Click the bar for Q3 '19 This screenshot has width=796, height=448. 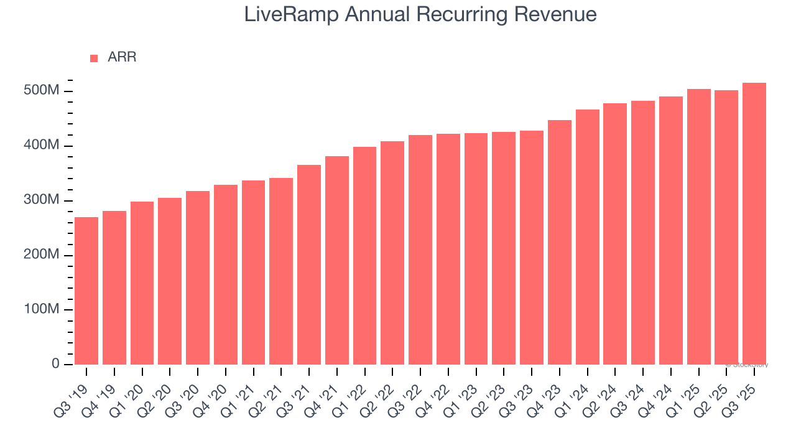click(86, 291)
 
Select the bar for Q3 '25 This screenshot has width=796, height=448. click(754, 223)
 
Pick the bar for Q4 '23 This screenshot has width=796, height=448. click(560, 242)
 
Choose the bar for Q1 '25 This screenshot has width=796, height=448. click(698, 226)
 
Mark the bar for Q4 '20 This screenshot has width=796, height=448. click(226, 274)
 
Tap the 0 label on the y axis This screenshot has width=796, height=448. click(55, 364)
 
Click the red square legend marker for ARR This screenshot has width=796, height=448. click(94, 58)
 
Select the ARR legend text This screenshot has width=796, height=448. click(122, 57)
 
